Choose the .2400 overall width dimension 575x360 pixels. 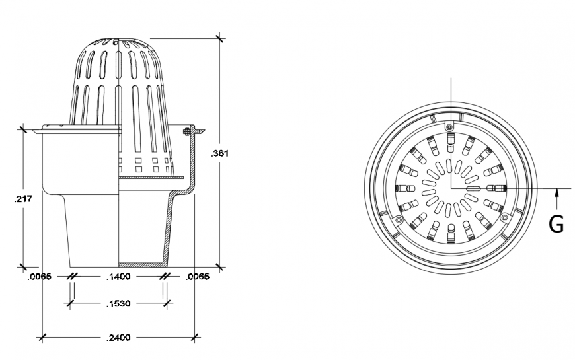(119, 338)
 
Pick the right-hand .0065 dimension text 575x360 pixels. (198, 277)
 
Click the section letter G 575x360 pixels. (556, 225)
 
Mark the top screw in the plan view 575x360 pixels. (450, 126)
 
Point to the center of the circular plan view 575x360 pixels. (451, 188)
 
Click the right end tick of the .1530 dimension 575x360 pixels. (166, 304)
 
